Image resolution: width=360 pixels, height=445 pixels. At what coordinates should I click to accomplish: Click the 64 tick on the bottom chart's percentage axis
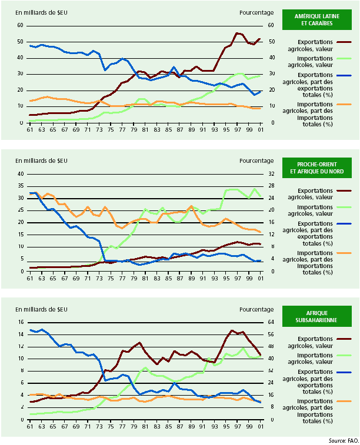coord(272,322)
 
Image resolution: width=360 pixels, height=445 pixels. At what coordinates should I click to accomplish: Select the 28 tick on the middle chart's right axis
coord(272,186)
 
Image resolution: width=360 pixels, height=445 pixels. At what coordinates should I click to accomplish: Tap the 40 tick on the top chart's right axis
coord(272,58)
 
